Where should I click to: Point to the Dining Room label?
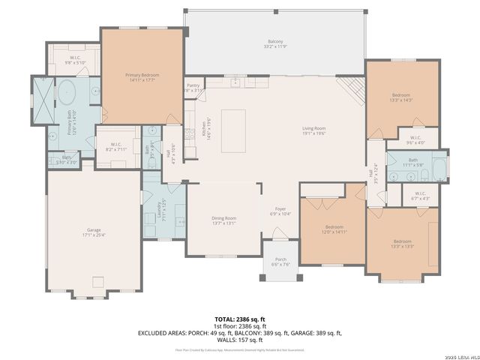click(224, 220)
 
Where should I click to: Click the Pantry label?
click(193, 88)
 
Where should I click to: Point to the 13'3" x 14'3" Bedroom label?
click(401, 97)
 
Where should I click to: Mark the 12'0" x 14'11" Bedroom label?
click(334, 229)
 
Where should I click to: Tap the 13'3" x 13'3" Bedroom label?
click(403, 243)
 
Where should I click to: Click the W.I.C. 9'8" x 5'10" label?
click(76, 59)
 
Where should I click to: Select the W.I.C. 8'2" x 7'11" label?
click(115, 147)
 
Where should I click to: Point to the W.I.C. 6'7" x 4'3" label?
click(420, 196)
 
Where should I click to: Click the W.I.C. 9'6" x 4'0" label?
click(415, 139)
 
